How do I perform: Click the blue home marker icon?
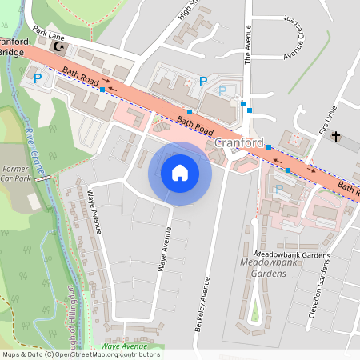tap(180, 173)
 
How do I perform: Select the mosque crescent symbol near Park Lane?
tap(58, 47)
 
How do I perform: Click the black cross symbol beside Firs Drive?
tap(335, 138)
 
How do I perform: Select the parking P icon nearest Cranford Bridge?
tap(38, 78)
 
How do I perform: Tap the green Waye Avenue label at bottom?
tap(120, 346)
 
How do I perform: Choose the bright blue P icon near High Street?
tap(203, 81)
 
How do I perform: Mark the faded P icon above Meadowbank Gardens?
tap(278, 190)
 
